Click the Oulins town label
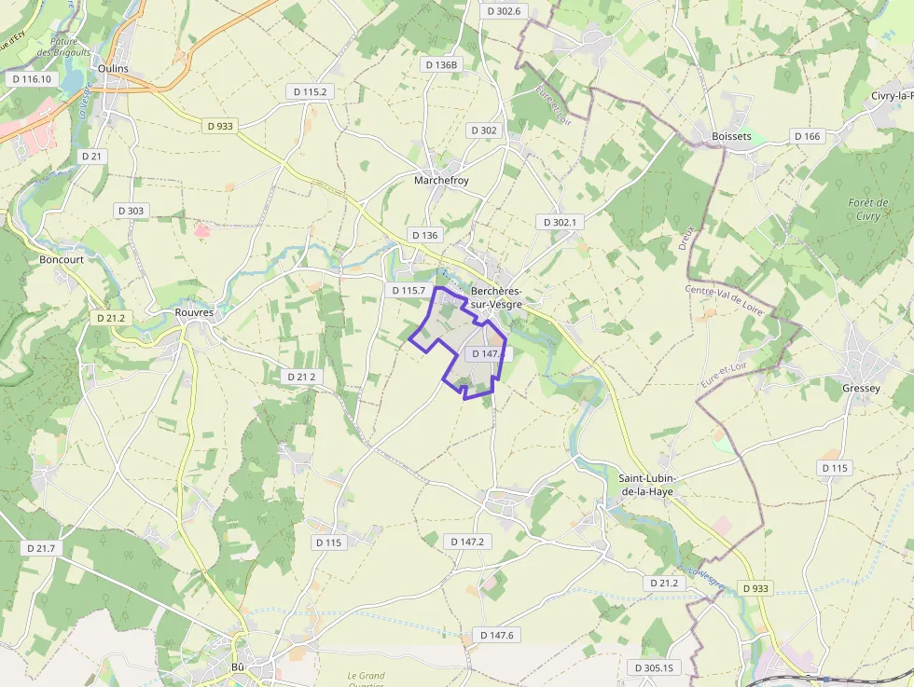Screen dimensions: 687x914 (x=112, y=69)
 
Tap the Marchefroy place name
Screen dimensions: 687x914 (x=441, y=181)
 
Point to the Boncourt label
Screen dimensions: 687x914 (x=62, y=260)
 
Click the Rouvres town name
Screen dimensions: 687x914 (x=194, y=313)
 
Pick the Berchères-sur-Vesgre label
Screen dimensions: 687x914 (x=496, y=297)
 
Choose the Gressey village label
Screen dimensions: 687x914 (x=860, y=388)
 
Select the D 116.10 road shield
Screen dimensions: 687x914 (x=32, y=79)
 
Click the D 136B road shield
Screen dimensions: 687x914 (x=441, y=65)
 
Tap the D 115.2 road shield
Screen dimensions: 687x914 (x=310, y=92)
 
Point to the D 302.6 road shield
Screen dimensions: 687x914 (x=504, y=11)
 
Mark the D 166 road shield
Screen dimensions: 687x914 (x=808, y=136)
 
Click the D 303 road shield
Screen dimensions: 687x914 (x=132, y=211)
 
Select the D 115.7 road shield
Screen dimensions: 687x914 (x=409, y=291)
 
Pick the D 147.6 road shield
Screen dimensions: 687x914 (x=497, y=635)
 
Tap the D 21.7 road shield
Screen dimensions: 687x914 (x=41, y=548)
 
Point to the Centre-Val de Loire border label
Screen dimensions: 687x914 (x=725, y=299)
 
